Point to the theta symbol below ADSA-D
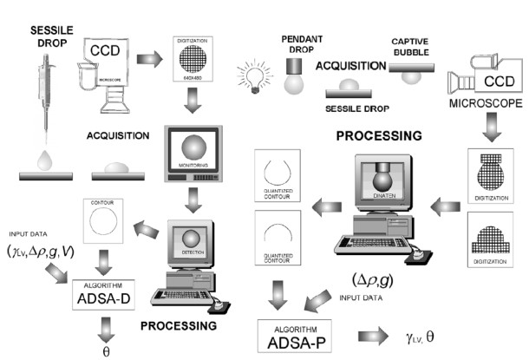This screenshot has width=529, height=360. tap(106, 353)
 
